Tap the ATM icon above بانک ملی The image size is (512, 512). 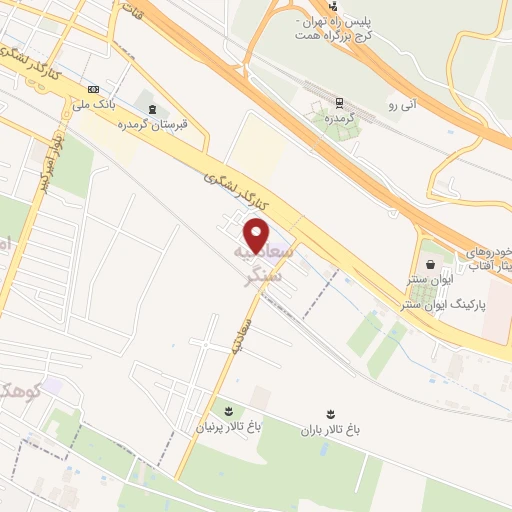pos(94,87)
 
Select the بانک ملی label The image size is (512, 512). pos(94,102)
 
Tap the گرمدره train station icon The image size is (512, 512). pos(339,101)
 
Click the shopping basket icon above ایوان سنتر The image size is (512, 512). pos(430,265)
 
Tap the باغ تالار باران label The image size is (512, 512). pos(330,429)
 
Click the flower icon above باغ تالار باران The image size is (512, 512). pos(330,412)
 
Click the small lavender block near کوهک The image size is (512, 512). pos(53,386)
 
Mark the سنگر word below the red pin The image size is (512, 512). pos(267,270)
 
